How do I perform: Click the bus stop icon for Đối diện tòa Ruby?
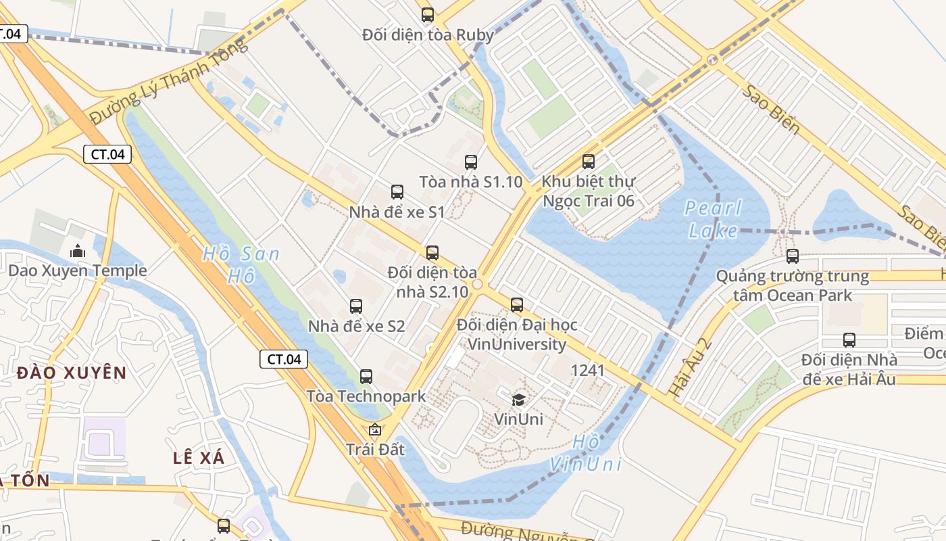pyautogui.click(x=427, y=14)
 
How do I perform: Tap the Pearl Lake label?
pyautogui.click(x=712, y=219)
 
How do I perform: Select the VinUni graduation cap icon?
pyautogui.click(x=518, y=399)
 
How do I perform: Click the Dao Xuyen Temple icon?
pyautogui.click(x=77, y=251)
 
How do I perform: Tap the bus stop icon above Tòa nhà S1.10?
pyautogui.click(x=471, y=162)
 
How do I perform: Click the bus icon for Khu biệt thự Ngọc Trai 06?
pyautogui.click(x=589, y=161)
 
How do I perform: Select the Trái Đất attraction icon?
pyautogui.click(x=375, y=429)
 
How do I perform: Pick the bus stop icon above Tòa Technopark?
pyautogui.click(x=366, y=376)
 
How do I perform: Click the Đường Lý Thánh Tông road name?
pyautogui.click(x=169, y=80)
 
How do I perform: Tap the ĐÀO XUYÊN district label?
pyautogui.click(x=72, y=373)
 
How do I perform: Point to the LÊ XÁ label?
pyautogui.click(x=199, y=458)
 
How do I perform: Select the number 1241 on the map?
pyautogui.click(x=587, y=370)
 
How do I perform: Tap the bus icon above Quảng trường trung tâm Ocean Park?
pyautogui.click(x=793, y=256)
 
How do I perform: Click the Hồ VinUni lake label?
pyautogui.click(x=585, y=453)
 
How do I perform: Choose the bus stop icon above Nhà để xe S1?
pyautogui.click(x=397, y=191)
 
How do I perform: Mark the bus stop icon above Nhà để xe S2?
pyautogui.click(x=356, y=306)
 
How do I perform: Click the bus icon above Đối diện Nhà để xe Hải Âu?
pyautogui.click(x=849, y=339)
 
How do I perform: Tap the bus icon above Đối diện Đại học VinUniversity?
pyautogui.click(x=517, y=304)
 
